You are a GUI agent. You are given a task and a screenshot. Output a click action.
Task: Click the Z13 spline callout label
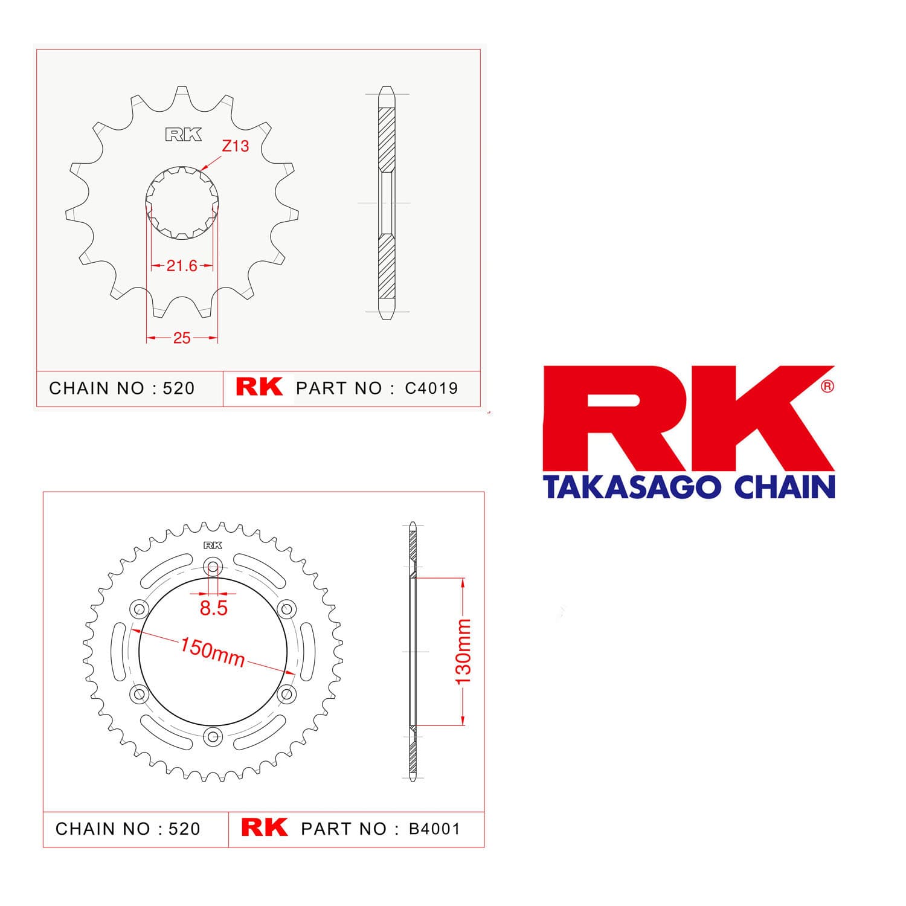[x=236, y=146]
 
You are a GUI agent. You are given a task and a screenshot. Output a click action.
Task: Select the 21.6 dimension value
[x=182, y=265]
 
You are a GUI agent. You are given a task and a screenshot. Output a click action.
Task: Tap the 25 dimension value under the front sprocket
[x=182, y=338]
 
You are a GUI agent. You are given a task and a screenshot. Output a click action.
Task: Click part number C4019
[x=431, y=388]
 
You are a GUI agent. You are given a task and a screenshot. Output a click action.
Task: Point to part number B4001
[x=435, y=829]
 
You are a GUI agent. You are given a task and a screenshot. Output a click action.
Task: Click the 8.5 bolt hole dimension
[x=214, y=608]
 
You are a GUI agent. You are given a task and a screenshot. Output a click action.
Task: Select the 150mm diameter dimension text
[x=213, y=652]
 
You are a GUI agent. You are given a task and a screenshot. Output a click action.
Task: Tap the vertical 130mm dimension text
[x=463, y=652]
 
